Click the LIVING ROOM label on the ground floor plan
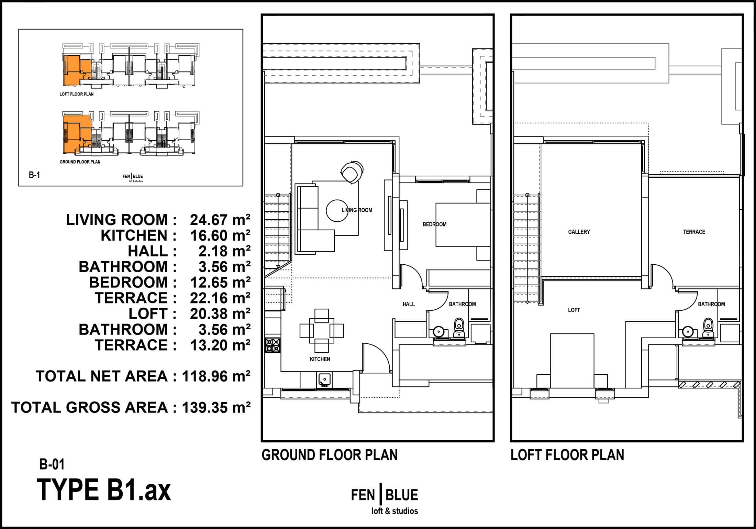(357, 210)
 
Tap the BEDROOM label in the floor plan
(434, 224)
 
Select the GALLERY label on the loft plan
(579, 232)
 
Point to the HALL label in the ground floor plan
(409, 304)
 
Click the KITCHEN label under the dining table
(320, 359)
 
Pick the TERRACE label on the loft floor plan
(694, 232)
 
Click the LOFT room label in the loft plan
(574, 310)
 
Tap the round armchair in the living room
(352, 172)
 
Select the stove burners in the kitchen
(273, 345)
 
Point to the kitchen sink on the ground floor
(324, 379)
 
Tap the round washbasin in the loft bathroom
(688, 332)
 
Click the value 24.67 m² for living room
(220, 220)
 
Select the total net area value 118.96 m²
(216, 376)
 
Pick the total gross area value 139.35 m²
(216, 408)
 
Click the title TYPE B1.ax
(104, 490)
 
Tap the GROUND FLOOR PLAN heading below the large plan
(330, 455)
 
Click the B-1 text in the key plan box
(34, 175)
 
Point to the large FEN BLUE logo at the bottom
(384, 501)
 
